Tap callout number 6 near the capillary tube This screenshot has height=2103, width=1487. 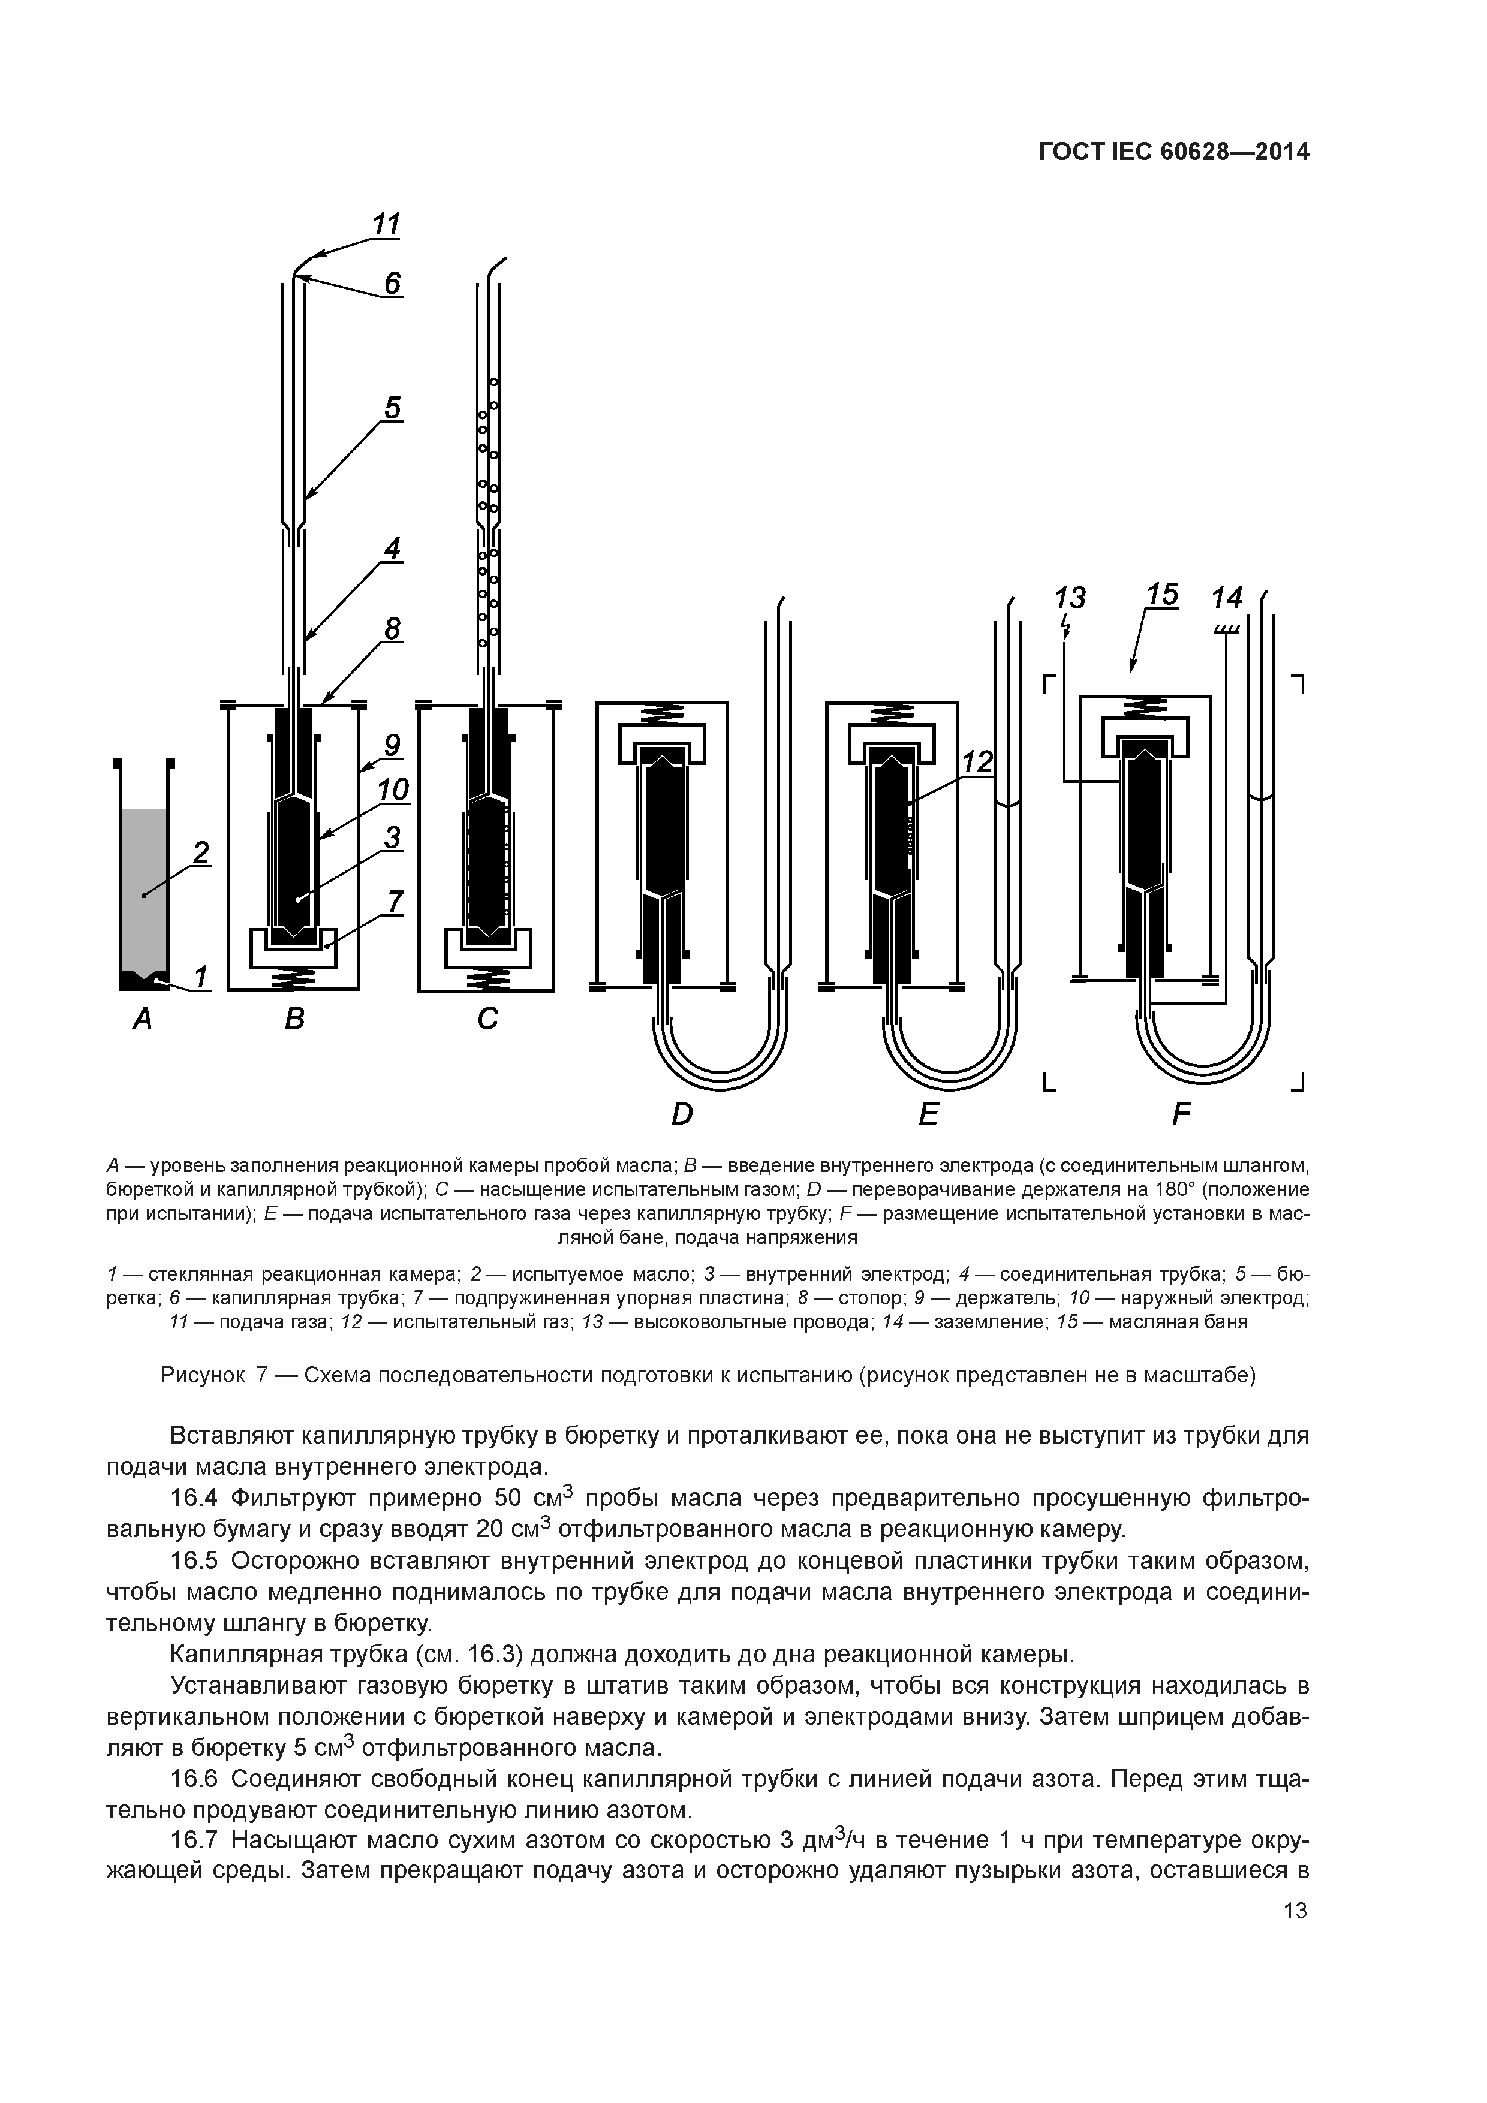392,283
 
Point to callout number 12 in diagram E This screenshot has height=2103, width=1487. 977,762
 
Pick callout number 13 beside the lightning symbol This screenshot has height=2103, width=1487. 1069,598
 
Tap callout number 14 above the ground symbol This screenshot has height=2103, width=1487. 1227,598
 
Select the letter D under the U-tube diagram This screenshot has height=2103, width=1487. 682,1114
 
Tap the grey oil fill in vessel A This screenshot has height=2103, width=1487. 143,879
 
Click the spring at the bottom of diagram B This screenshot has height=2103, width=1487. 293,979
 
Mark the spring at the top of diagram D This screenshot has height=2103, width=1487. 661,712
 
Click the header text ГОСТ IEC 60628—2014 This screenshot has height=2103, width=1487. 1173,152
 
